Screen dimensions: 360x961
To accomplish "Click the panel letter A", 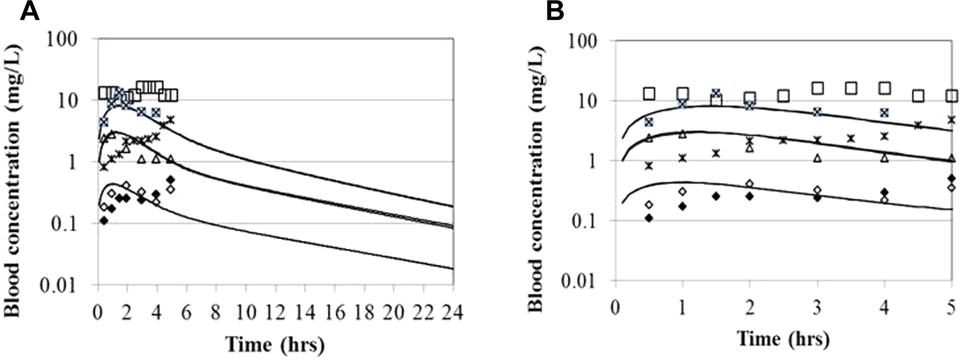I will tap(30, 10).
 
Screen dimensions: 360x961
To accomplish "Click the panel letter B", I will tap(555, 10).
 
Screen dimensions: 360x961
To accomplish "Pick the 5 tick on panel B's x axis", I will tap(951, 308).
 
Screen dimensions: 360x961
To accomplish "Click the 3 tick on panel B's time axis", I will tap(817, 308).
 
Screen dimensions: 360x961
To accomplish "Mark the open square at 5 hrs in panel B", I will tap(952, 96).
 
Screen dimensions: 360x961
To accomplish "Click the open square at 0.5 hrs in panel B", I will tap(649, 94).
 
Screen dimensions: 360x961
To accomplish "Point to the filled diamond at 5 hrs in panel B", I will tap(952, 178).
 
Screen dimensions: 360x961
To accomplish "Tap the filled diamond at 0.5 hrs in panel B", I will tap(649, 218).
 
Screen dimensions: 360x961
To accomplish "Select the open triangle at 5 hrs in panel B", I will tap(952, 158).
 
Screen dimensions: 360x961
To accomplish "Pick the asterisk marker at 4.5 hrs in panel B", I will tap(918, 125).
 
